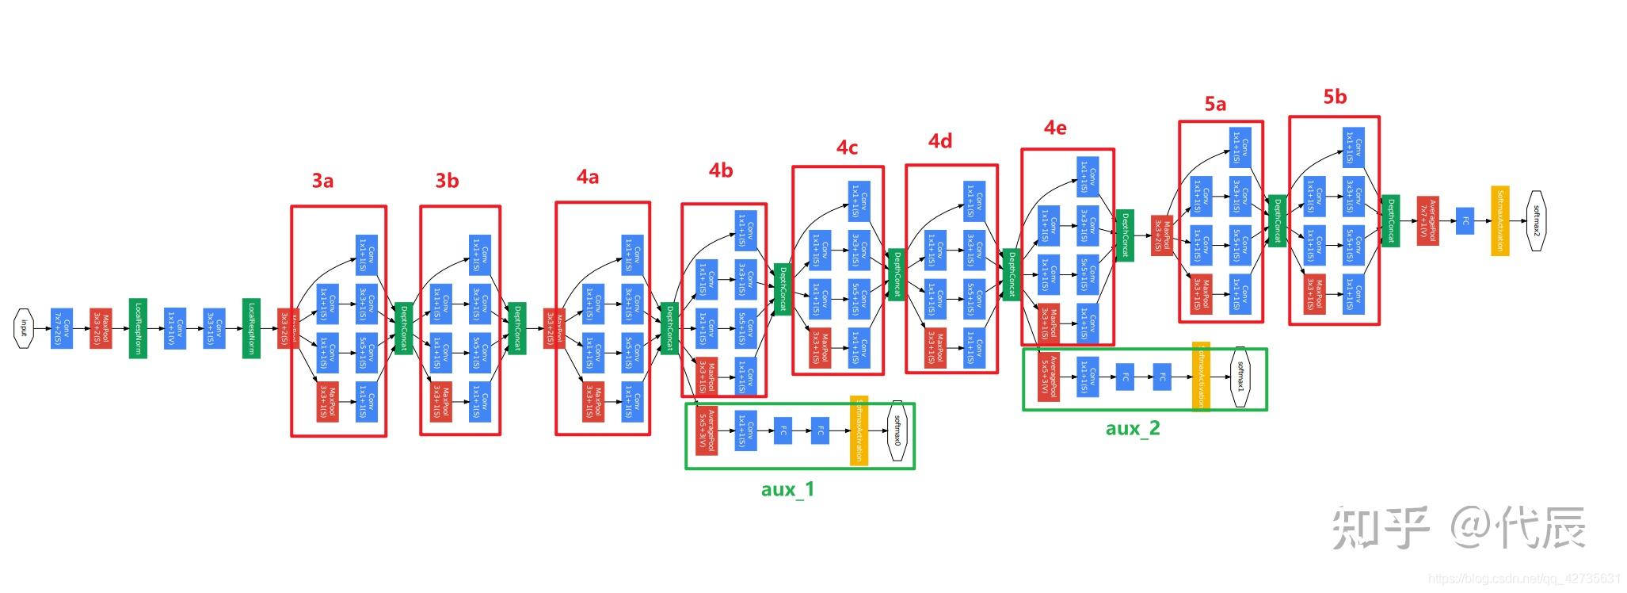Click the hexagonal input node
25,328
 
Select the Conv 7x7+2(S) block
62,328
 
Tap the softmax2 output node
1537,220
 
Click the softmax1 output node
1240,377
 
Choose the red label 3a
322,182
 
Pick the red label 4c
847,147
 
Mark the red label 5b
1335,97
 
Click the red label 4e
1055,128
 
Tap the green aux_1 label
787,489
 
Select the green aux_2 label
1133,428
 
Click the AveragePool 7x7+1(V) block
1427,220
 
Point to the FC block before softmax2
1465,221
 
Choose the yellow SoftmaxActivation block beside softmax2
1499,220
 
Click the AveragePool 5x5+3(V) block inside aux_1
706,430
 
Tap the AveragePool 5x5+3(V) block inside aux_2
1048,377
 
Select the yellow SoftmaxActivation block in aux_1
859,430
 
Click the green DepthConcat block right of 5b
1390,220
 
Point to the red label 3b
448,182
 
